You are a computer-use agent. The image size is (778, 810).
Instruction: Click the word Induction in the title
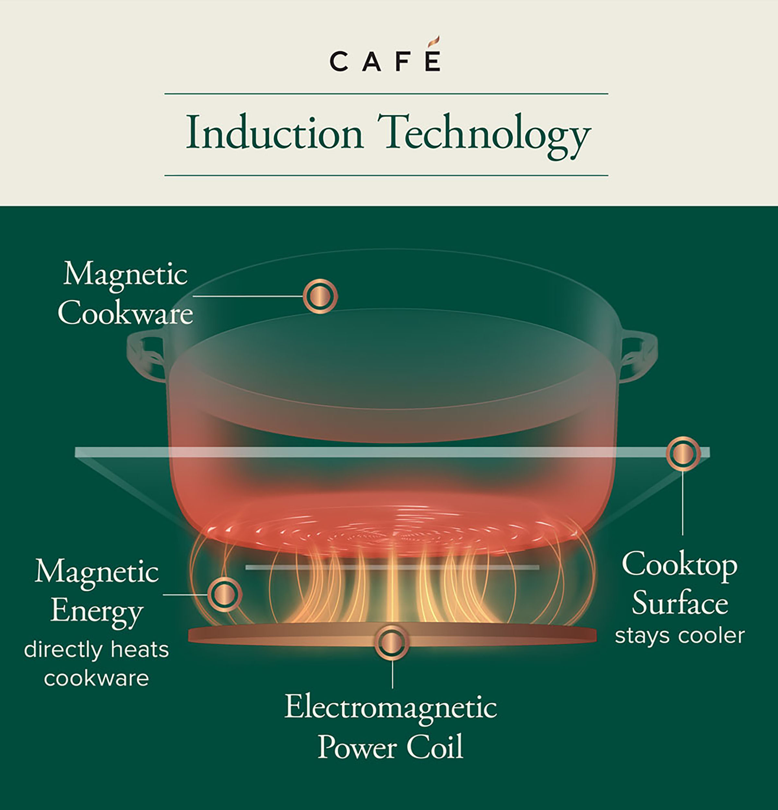coord(275,133)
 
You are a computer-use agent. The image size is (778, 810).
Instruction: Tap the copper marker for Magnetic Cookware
coord(320,296)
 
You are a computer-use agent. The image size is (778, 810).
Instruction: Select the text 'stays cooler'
coord(679,636)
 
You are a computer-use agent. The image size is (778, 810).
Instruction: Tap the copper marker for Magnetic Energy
coord(224,594)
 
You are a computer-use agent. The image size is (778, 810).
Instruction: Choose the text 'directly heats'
coord(96,650)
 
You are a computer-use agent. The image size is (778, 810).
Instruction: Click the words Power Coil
coord(391,747)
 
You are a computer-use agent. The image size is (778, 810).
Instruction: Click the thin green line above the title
coord(386,94)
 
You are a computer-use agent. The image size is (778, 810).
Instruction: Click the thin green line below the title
coord(386,175)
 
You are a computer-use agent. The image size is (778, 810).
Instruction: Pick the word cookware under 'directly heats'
coord(96,678)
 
